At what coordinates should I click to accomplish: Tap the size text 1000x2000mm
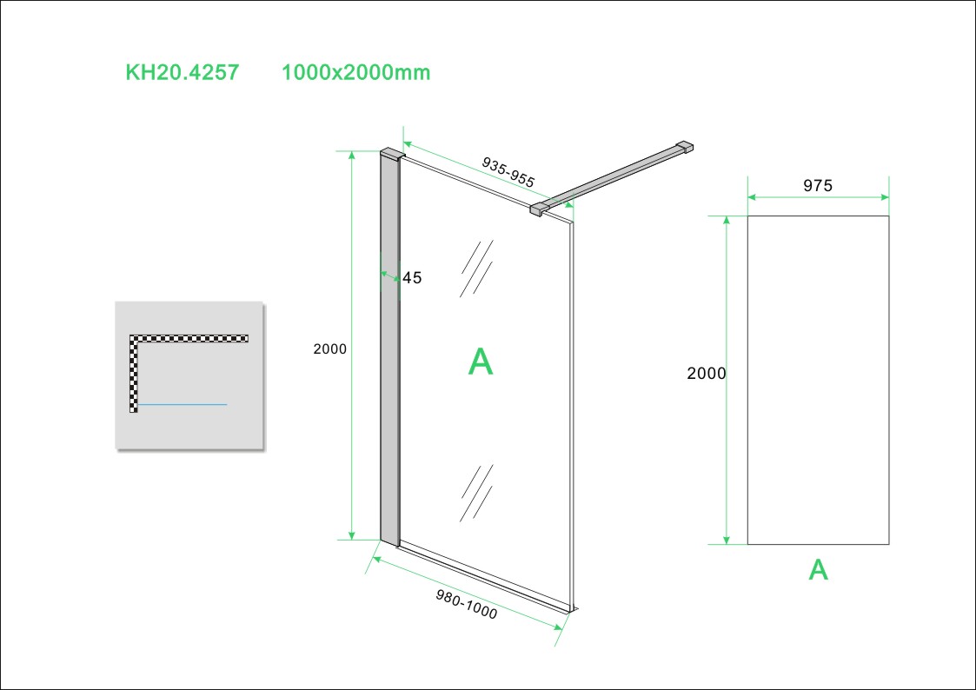tap(356, 73)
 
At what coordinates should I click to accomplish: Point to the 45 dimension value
tap(412, 278)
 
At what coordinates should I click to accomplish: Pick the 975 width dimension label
tap(818, 185)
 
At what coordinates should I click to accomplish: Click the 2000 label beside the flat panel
tap(706, 374)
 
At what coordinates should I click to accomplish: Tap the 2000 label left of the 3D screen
tap(330, 349)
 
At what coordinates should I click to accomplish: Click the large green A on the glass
tap(481, 362)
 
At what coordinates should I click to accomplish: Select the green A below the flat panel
tap(818, 569)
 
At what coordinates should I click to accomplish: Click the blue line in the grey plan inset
tap(183, 405)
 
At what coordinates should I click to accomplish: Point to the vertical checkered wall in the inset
tap(134, 374)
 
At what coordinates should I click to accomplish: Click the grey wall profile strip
tap(389, 348)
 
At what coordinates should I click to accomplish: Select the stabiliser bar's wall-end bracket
tap(686, 148)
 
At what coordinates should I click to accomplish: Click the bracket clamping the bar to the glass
tap(540, 208)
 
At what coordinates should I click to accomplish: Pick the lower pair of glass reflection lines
tap(476, 492)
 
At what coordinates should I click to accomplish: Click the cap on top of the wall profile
tap(391, 154)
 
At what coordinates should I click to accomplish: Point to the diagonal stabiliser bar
tap(613, 177)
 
